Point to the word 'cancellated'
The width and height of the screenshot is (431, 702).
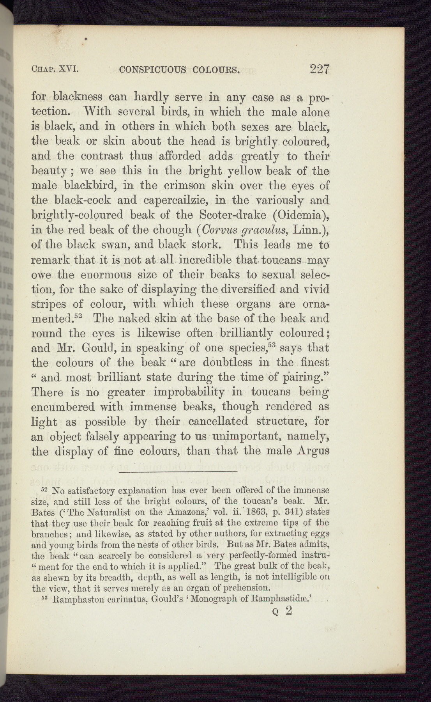(x=221, y=422)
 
